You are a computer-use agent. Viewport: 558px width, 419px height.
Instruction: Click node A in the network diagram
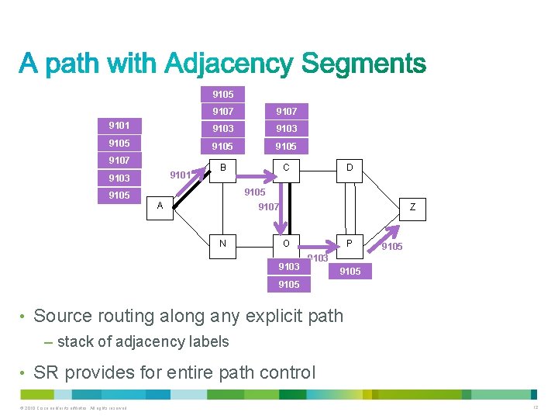(160, 206)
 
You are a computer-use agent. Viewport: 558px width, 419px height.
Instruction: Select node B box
(222, 168)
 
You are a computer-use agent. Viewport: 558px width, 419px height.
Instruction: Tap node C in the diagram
(287, 168)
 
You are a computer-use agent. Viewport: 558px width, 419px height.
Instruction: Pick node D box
(350, 168)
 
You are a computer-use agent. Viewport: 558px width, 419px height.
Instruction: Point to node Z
(412, 207)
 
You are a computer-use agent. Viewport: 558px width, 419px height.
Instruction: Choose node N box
(222, 244)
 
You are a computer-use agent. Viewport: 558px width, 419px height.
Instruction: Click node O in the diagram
(287, 244)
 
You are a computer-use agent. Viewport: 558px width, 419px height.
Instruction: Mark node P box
(350, 244)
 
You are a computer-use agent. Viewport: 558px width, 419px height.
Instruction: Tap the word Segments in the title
(363, 64)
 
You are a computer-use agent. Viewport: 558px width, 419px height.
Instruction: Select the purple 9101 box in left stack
(119, 125)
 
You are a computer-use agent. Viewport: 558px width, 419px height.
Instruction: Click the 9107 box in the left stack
(119, 161)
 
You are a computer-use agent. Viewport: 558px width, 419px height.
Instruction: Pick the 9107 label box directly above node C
(287, 111)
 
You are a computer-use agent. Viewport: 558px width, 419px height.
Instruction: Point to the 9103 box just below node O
(288, 267)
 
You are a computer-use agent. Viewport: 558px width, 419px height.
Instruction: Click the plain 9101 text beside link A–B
(180, 175)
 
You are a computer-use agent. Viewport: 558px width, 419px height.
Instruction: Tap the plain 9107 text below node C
(268, 207)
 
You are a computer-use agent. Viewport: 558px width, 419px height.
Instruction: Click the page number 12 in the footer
(534, 408)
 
